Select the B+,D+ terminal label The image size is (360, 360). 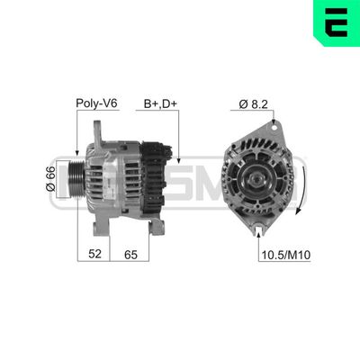click(x=159, y=104)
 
